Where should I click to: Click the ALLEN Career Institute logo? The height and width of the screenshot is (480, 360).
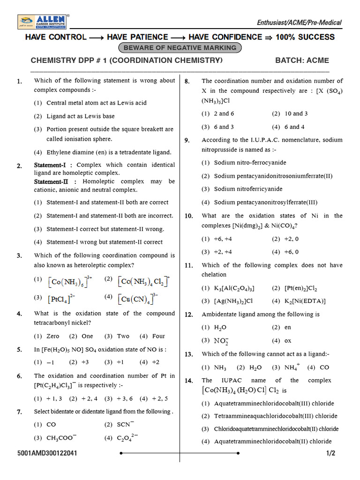[44, 22]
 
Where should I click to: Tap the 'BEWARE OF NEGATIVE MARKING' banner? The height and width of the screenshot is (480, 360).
[180, 48]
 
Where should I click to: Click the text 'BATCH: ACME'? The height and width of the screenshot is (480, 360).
[302, 60]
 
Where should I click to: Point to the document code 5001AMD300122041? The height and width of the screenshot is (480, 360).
[48, 453]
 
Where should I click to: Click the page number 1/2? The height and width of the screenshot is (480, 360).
[331, 453]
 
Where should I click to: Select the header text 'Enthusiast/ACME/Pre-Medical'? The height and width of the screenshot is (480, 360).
[300, 22]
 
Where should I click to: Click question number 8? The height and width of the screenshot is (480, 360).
[187, 82]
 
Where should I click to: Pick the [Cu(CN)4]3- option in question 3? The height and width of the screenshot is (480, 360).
[138, 299]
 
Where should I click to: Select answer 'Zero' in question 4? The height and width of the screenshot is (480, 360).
[53, 336]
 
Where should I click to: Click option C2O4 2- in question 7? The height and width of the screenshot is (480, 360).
[127, 438]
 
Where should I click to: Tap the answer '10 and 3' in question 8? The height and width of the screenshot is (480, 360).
[296, 113]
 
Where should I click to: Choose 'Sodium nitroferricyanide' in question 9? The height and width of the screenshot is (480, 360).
[248, 189]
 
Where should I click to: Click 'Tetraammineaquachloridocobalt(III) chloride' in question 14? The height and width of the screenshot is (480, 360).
[276, 416]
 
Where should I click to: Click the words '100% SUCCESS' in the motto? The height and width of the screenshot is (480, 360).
[305, 37]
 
